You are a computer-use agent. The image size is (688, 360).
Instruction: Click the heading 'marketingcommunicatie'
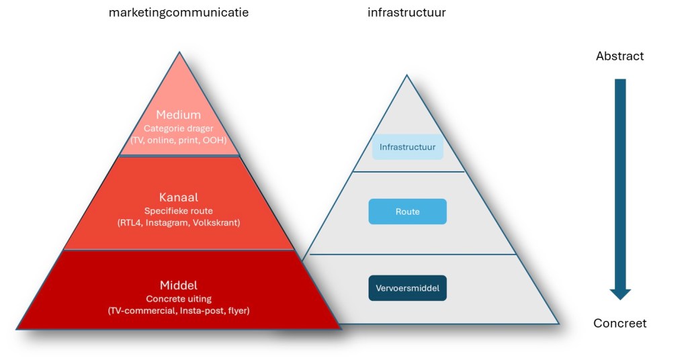pyautogui.click(x=179, y=13)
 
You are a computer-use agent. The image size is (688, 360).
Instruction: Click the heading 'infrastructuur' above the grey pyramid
pyautogui.click(x=406, y=13)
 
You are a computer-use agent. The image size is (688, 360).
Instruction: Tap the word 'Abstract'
pyautogui.click(x=619, y=56)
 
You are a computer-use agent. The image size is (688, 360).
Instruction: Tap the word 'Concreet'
pyautogui.click(x=619, y=324)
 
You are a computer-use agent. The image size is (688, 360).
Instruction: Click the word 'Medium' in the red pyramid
pyautogui.click(x=179, y=116)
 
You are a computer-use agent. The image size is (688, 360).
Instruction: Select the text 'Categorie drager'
pyautogui.click(x=179, y=128)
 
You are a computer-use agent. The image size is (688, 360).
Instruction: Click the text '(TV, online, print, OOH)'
pyautogui.click(x=179, y=140)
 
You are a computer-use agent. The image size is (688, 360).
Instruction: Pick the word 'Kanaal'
pyautogui.click(x=179, y=198)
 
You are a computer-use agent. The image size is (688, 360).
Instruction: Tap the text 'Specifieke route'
pyautogui.click(x=179, y=211)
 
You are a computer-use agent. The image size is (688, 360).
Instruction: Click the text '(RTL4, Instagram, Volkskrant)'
pyautogui.click(x=179, y=223)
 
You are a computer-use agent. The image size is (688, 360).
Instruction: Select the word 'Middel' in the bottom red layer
pyautogui.click(x=179, y=285)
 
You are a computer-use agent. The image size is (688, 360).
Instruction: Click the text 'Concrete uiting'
pyautogui.click(x=179, y=298)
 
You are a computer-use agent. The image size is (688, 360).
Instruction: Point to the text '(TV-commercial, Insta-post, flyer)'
pyautogui.click(x=179, y=310)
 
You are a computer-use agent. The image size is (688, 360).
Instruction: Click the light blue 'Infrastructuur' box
pyautogui.click(x=408, y=146)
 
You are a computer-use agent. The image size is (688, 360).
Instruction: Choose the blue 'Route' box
pyautogui.click(x=408, y=212)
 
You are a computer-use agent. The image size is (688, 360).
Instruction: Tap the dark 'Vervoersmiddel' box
pyautogui.click(x=408, y=288)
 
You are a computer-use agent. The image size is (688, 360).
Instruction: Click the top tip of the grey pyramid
pyautogui.click(x=406, y=75)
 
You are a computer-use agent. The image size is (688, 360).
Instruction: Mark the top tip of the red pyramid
pyautogui.click(x=179, y=52)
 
